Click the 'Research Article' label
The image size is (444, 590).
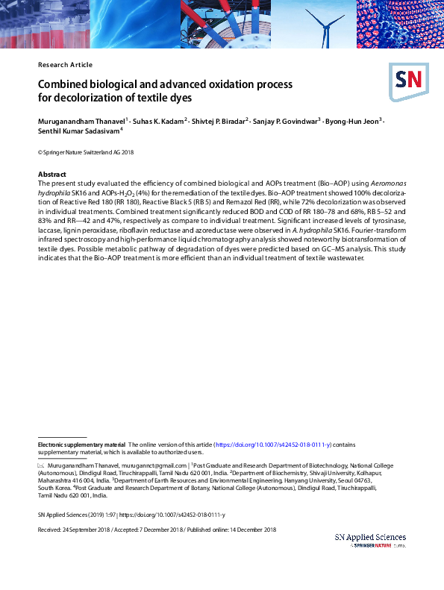point(63,65)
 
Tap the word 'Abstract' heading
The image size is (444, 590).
point(51,174)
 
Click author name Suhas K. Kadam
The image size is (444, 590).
point(159,120)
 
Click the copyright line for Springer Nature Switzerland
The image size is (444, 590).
point(86,152)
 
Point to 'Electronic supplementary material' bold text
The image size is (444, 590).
point(82,443)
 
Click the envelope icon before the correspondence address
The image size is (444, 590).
point(42,464)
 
